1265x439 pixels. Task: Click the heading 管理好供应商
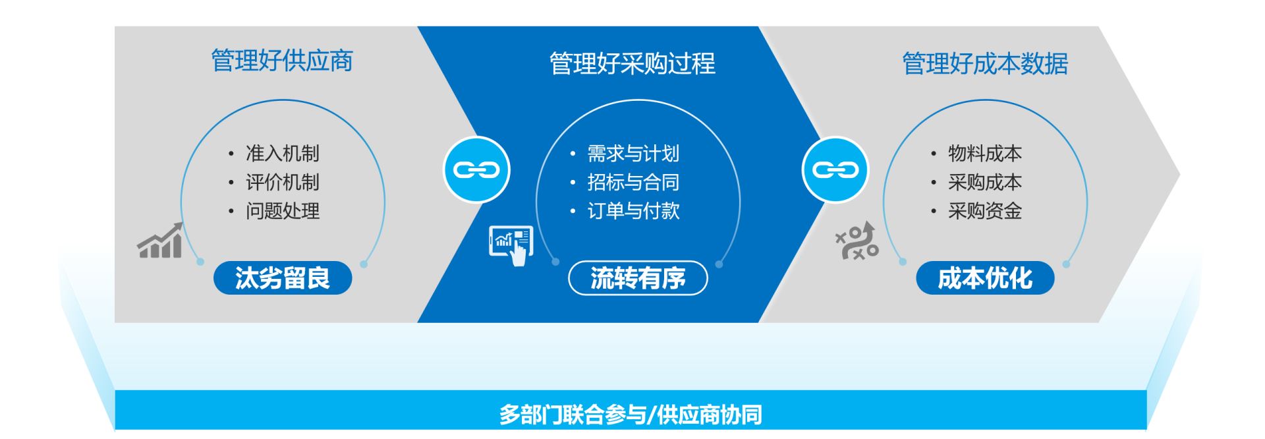282,61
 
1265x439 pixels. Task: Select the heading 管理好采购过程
632,64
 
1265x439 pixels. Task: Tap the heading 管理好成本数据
985,64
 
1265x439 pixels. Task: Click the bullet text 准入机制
283,154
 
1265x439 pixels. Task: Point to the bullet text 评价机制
283,183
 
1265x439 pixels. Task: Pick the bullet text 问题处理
283,211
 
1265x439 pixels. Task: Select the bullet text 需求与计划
633,154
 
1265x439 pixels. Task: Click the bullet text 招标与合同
633,183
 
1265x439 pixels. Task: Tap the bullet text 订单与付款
633,211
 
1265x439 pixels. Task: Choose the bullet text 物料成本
985,154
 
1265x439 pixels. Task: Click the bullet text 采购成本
985,183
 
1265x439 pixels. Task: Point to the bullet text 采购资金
985,211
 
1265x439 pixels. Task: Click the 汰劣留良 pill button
283,278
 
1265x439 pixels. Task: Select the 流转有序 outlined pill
638,278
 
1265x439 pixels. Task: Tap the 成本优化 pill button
985,278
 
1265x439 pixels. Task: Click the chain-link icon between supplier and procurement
476,170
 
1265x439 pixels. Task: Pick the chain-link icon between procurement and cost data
835,170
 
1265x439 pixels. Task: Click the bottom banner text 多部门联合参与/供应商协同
631,415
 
